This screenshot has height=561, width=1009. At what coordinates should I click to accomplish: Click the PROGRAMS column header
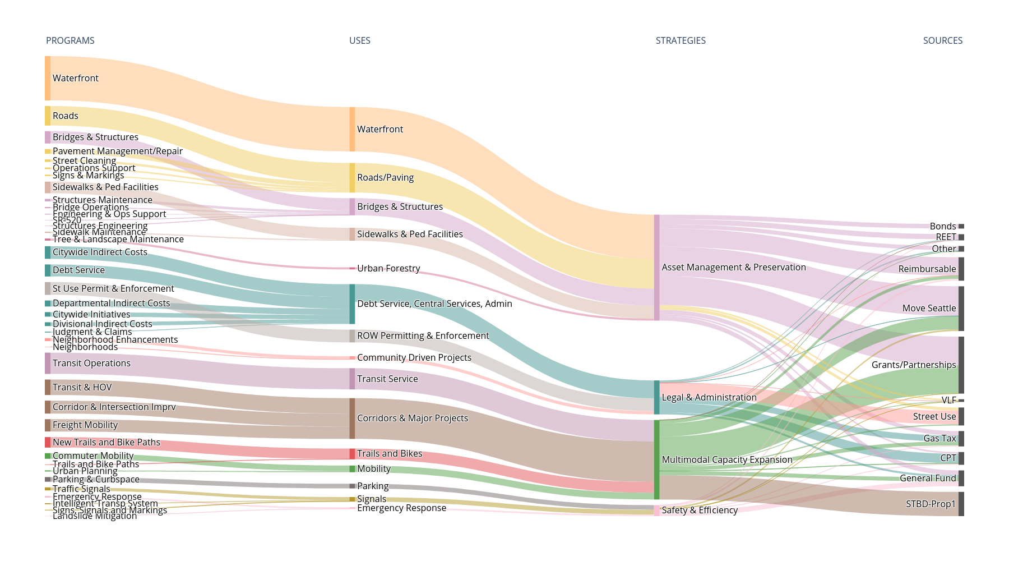[x=70, y=40]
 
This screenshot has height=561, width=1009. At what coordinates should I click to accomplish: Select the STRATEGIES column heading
[x=681, y=40]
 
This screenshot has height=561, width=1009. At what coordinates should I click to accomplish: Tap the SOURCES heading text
[x=942, y=40]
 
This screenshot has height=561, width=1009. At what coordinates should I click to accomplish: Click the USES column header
[x=359, y=40]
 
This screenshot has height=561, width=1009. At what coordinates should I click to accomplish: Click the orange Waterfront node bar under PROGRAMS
[x=48, y=78]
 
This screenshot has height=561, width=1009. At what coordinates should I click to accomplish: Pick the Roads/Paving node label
[x=385, y=177]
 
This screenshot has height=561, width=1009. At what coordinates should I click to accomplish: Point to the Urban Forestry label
[x=388, y=268]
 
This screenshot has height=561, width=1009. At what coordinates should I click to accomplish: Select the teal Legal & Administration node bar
[x=656, y=397]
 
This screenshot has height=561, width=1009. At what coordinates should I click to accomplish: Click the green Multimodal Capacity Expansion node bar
[x=656, y=459]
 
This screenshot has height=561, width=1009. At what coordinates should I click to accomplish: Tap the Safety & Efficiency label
[x=699, y=510]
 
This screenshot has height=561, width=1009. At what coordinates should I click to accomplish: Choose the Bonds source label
[x=942, y=226]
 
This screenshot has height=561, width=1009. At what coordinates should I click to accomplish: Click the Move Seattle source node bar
[x=961, y=308]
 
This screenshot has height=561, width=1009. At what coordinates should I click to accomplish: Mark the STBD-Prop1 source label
[x=931, y=504]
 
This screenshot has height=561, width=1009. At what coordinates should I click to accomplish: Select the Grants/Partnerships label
[x=913, y=365]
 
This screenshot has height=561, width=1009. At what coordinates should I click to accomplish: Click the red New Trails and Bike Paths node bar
[x=48, y=442]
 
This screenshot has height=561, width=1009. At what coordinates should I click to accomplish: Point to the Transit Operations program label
[x=91, y=363]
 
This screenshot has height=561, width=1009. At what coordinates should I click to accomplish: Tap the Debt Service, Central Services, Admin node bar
[x=352, y=304]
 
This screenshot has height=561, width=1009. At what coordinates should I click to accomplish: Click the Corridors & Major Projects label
[x=412, y=418]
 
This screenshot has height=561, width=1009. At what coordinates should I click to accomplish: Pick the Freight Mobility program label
[x=85, y=425]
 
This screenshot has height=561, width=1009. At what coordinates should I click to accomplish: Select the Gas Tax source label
[x=939, y=438]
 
